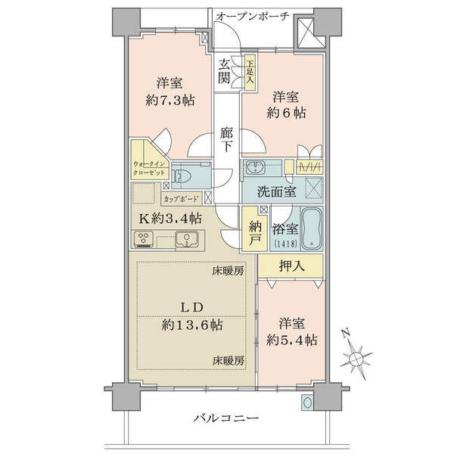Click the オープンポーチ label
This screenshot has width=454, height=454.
point(253,16)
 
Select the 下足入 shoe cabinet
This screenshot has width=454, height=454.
point(250,73)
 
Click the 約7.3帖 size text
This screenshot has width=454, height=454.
point(170,101)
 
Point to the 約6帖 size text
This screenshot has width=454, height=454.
point(286,113)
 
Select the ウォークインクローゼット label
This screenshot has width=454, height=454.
point(149,169)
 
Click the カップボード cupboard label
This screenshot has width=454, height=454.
point(182,199)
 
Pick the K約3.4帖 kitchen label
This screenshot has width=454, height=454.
point(170,219)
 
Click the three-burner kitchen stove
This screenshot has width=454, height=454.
point(144,239)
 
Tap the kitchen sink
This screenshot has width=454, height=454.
point(187,239)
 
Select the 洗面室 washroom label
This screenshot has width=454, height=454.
point(276,191)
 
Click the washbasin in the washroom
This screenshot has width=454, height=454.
point(254,167)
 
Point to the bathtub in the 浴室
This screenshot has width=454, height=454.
point(311,229)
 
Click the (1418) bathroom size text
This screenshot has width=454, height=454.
point(285,244)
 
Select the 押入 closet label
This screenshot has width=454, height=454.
point(291,266)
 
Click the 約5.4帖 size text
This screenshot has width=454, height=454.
point(291,340)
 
